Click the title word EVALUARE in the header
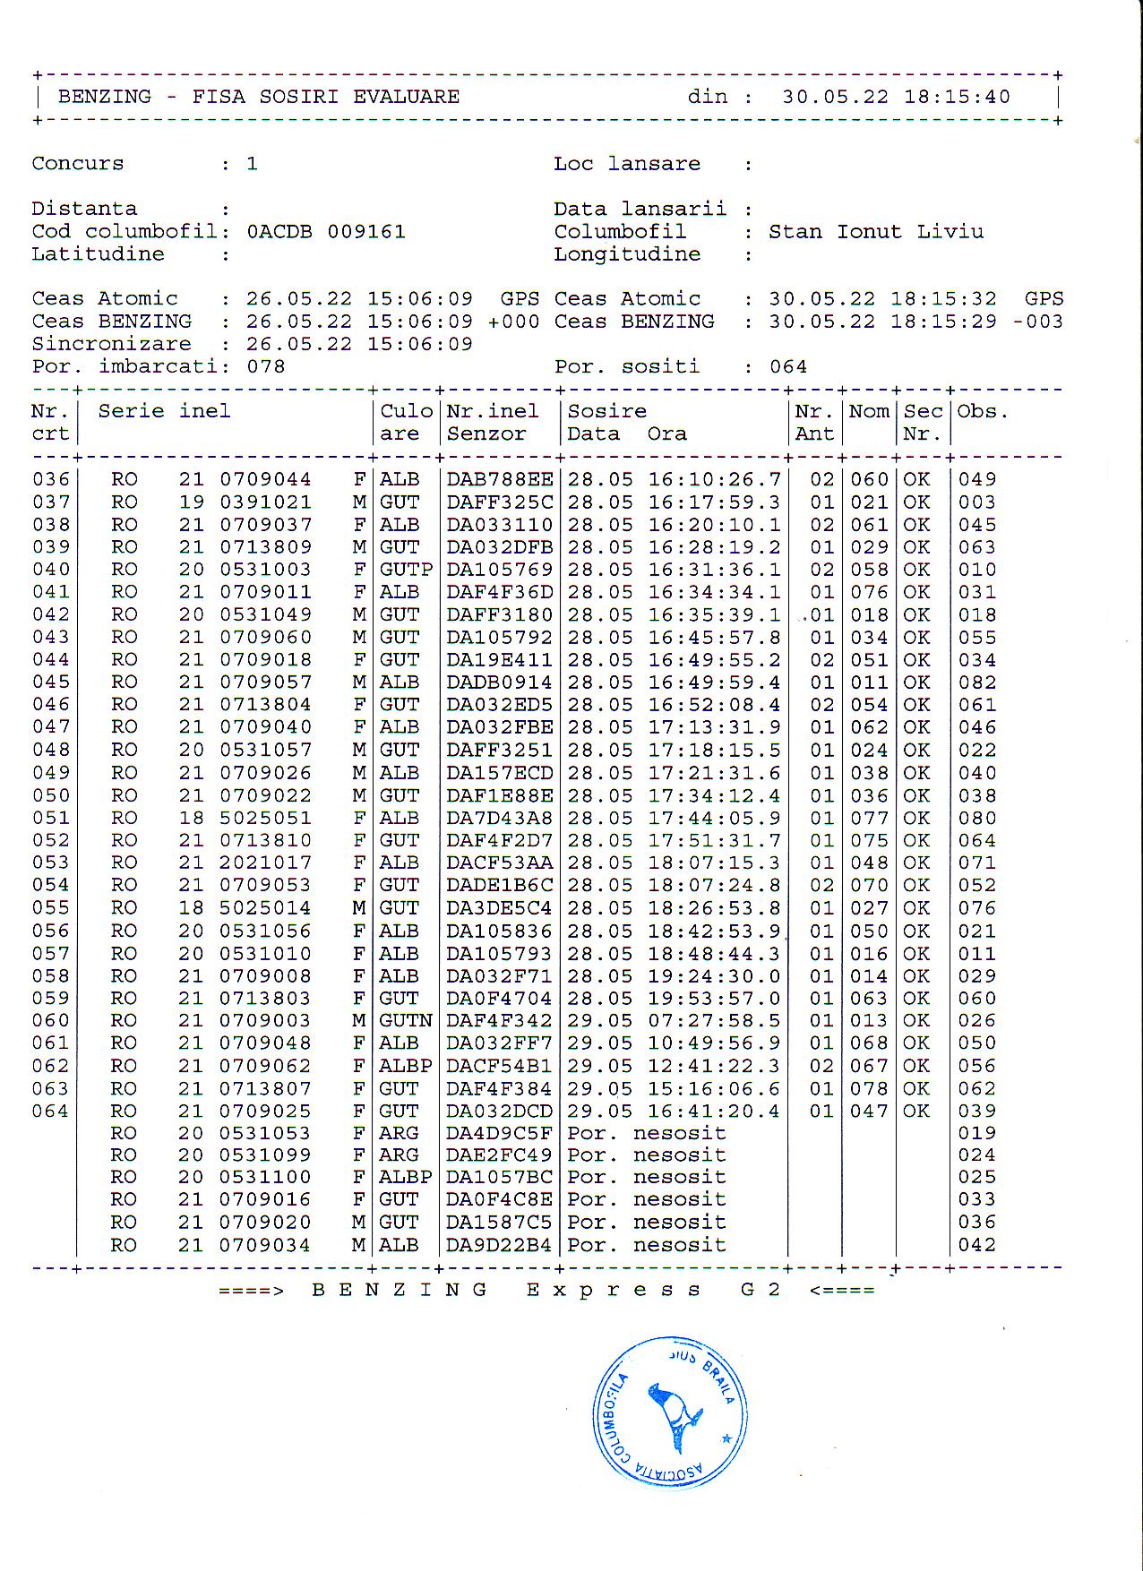406,97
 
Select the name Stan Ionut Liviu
875,232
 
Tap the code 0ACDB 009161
325,232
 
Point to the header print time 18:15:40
957,97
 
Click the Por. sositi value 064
788,366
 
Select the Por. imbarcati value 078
266,366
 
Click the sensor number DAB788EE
500,480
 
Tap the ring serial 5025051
265,818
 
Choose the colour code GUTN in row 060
406,1021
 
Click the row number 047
50,727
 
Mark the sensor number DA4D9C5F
500,1133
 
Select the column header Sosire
606,411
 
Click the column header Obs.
983,411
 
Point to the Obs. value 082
977,682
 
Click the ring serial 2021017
265,863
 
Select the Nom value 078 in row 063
869,1089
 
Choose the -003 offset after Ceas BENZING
1038,322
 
